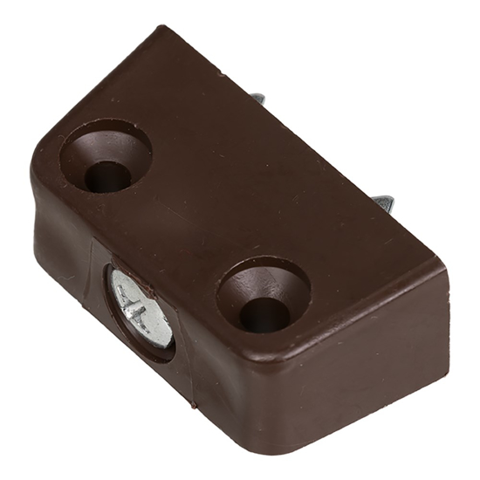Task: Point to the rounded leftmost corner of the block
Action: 35,175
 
